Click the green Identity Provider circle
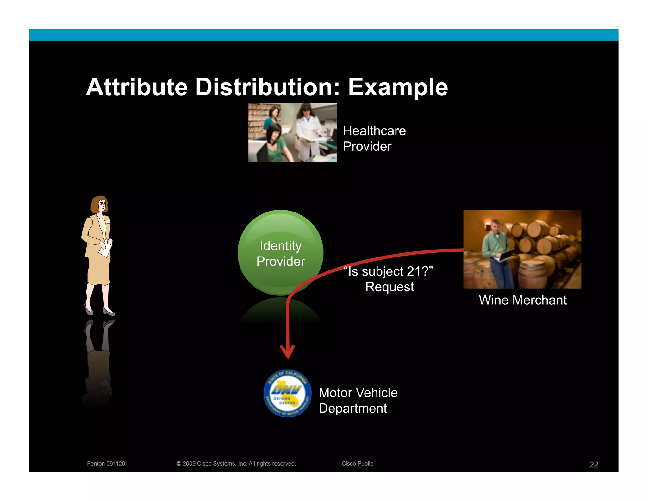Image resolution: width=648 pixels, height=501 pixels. (x=280, y=253)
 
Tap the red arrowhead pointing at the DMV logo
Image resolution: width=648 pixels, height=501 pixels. (x=288, y=351)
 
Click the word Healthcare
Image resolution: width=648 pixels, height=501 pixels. (x=374, y=131)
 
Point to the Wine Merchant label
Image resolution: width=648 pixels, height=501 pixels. (x=522, y=300)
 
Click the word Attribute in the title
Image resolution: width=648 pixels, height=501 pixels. (x=137, y=87)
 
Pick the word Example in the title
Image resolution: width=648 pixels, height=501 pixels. (x=398, y=87)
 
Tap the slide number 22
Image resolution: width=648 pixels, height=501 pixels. (x=593, y=465)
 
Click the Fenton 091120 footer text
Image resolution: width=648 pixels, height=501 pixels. (x=106, y=464)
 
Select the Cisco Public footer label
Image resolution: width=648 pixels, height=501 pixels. (x=357, y=464)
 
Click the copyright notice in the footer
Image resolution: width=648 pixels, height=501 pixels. (x=236, y=464)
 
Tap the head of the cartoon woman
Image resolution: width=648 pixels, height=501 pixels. (x=100, y=204)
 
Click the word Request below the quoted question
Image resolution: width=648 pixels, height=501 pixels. (x=389, y=287)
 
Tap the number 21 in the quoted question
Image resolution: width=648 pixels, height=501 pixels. (x=414, y=271)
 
